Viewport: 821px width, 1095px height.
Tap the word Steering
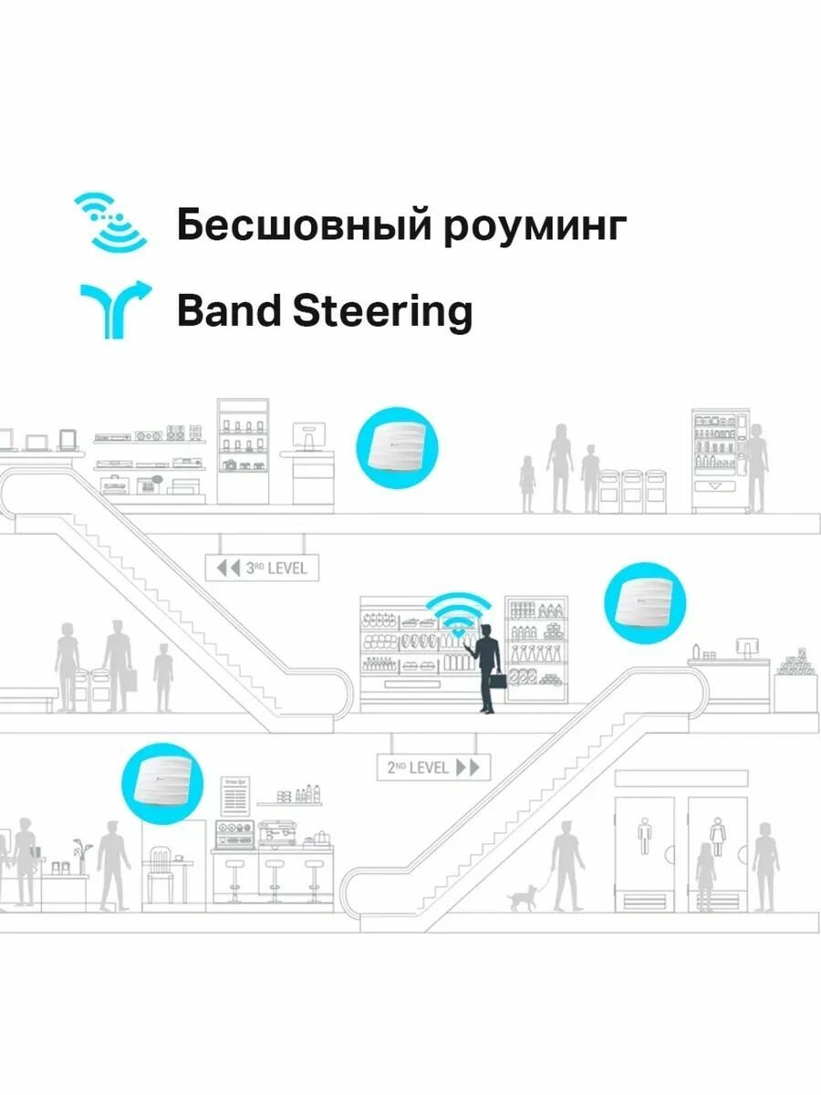tap(382, 312)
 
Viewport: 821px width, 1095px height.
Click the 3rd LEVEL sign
tap(262, 568)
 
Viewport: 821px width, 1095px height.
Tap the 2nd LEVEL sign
tap(433, 766)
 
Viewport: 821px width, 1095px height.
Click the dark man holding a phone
tap(487, 664)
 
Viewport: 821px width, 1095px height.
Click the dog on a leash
tap(523, 899)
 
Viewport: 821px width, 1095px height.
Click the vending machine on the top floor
tap(713, 461)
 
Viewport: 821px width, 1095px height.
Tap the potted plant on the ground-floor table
tap(83, 854)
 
